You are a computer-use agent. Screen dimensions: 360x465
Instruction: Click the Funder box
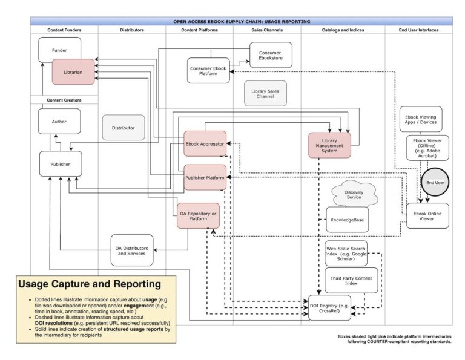click(59, 50)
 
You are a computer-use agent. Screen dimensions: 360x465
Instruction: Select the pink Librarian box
click(73, 71)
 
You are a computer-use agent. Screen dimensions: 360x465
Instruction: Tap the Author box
click(59, 122)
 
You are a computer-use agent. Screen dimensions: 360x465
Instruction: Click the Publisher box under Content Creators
click(60, 164)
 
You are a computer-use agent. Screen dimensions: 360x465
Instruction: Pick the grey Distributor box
click(124, 128)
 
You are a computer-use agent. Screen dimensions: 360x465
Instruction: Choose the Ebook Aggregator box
click(205, 144)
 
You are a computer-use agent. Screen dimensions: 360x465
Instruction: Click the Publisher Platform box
click(205, 178)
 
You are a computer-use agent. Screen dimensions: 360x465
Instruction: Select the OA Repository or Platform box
click(198, 216)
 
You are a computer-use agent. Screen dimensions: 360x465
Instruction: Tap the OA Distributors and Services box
click(131, 250)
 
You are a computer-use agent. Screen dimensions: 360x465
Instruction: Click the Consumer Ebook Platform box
click(208, 70)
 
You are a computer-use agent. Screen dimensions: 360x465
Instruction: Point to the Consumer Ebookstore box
click(270, 55)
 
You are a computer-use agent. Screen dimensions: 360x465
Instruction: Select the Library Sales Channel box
click(265, 93)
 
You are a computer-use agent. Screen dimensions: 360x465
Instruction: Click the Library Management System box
click(329, 145)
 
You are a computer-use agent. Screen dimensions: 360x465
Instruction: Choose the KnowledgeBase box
click(347, 220)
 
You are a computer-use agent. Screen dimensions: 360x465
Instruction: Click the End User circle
click(435, 182)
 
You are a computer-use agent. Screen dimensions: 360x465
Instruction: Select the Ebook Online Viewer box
click(427, 216)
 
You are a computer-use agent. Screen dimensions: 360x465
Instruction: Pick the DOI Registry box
click(329, 308)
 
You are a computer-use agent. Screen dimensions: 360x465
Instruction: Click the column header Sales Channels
click(266, 30)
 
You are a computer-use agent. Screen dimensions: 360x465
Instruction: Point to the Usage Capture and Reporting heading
click(90, 284)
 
